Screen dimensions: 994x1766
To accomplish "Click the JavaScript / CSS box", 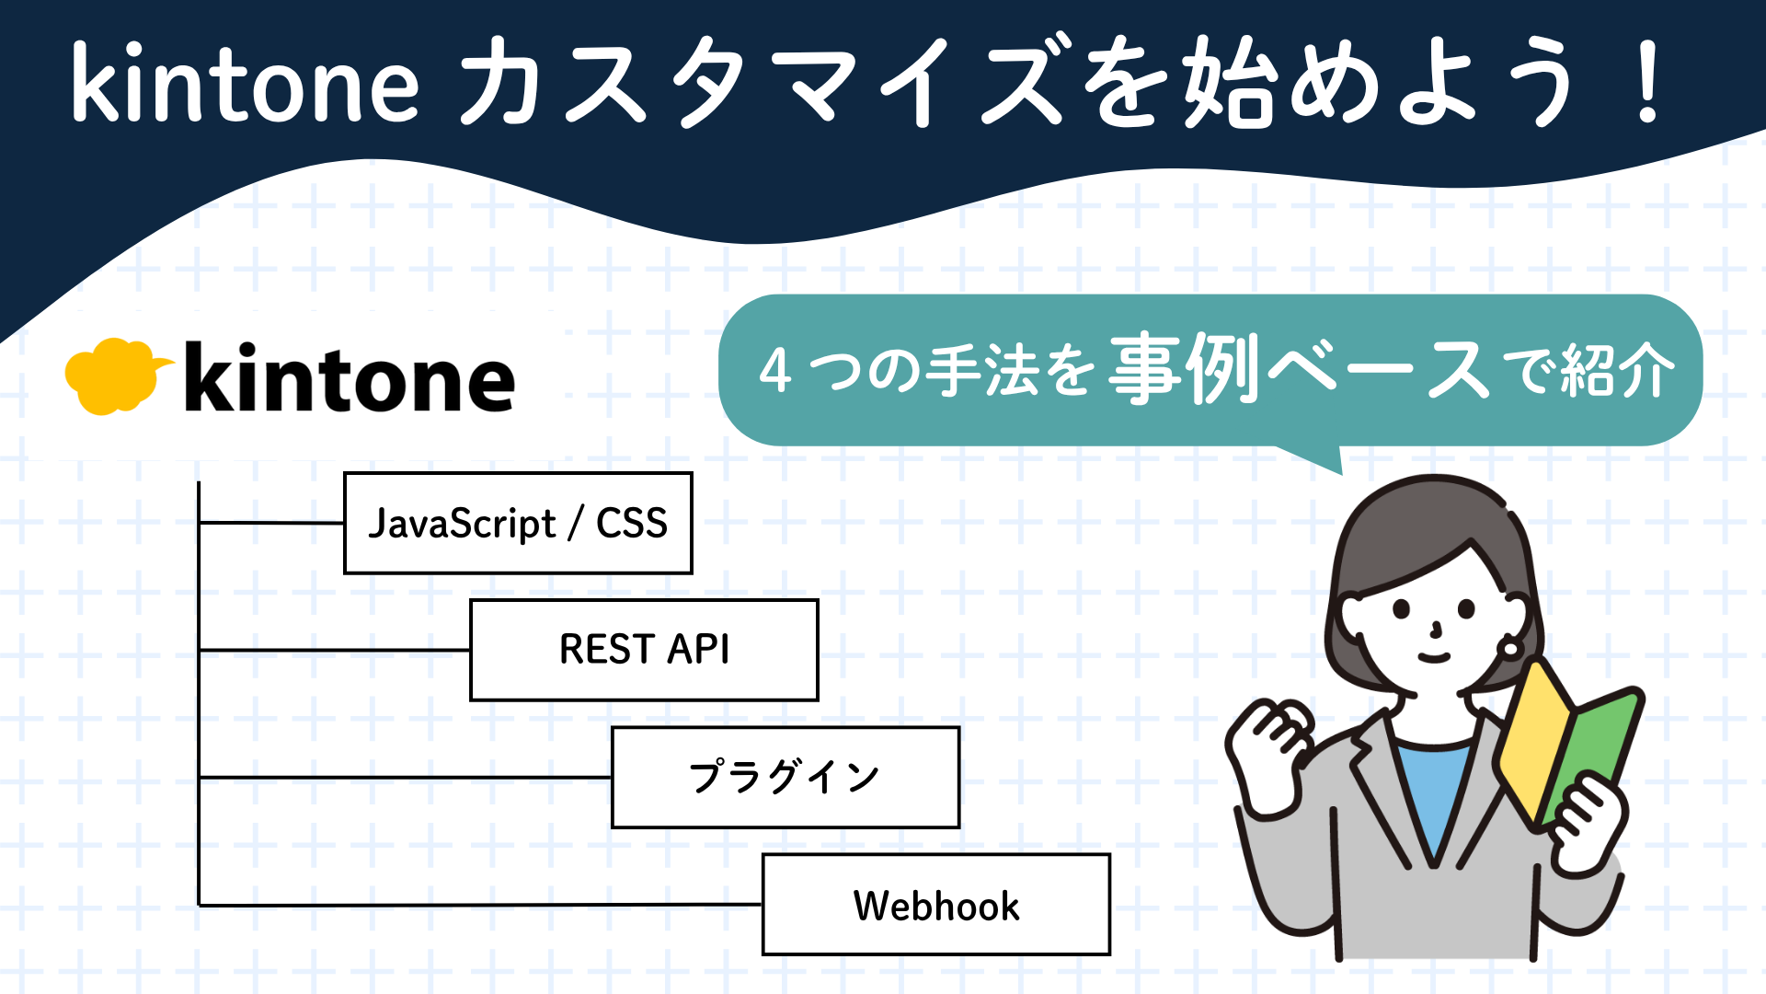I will pyautogui.click(x=518, y=523).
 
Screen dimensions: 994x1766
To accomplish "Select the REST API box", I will pyautogui.click(x=644, y=650).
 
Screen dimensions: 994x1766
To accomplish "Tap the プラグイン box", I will pyautogui.click(x=786, y=777).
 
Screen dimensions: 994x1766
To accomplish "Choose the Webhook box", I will pyautogui.click(x=936, y=905).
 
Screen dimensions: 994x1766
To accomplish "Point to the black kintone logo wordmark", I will pyautogui.click(x=350, y=379).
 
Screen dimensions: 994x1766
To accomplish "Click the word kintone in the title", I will pyautogui.click(x=245, y=85).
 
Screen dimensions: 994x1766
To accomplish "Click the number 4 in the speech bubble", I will pyautogui.click(x=775, y=371).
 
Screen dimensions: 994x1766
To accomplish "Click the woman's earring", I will pyautogui.click(x=1509, y=647).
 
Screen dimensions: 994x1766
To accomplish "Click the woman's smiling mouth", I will pyautogui.click(x=1433, y=657).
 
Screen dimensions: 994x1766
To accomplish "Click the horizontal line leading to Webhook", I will pyautogui.click(x=478, y=905).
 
